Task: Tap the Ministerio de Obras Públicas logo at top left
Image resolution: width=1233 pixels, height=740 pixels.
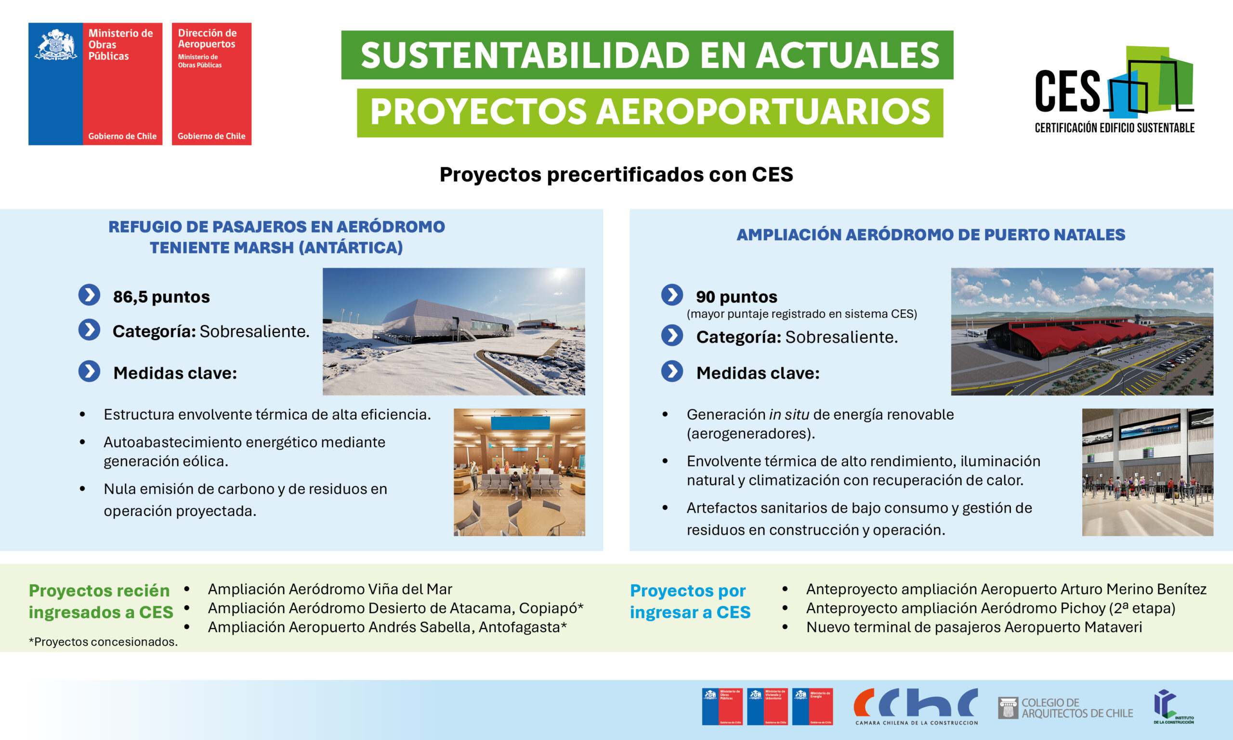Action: pyautogui.click(x=95, y=84)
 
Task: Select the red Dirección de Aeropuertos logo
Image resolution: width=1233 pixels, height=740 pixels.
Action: pyautogui.click(x=211, y=84)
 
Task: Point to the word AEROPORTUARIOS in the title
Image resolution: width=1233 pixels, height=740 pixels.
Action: pyautogui.click(x=762, y=112)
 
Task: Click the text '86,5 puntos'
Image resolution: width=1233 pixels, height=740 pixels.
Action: pyautogui.click(x=161, y=297)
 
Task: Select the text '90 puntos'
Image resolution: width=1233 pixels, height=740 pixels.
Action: pyautogui.click(x=736, y=297)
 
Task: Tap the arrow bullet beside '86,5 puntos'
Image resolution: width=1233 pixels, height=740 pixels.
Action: pyautogui.click(x=89, y=295)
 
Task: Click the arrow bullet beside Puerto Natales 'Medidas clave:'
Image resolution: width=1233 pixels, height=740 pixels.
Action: pyautogui.click(x=672, y=371)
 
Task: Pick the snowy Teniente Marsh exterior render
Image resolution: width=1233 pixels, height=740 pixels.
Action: pyautogui.click(x=454, y=331)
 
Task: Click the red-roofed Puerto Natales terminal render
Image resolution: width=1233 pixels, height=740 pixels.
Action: pyautogui.click(x=1081, y=331)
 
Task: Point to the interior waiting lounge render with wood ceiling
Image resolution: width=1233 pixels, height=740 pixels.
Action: pyautogui.click(x=519, y=472)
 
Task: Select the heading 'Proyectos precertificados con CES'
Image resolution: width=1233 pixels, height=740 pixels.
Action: pyautogui.click(x=616, y=174)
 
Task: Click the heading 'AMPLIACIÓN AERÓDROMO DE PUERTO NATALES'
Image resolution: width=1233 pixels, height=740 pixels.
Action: pyautogui.click(x=931, y=234)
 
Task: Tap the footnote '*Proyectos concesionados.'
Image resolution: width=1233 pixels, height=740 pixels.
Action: pyautogui.click(x=103, y=642)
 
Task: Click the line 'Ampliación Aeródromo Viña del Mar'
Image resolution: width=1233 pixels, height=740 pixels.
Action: pyautogui.click(x=330, y=589)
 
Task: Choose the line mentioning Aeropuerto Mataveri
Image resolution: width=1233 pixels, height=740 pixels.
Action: pyautogui.click(x=974, y=627)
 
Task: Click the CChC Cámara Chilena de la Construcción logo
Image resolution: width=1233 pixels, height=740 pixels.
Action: pyautogui.click(x=916, y=707)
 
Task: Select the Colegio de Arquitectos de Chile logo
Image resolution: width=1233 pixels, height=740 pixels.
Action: pyautogui.click(x=1065, y=708)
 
